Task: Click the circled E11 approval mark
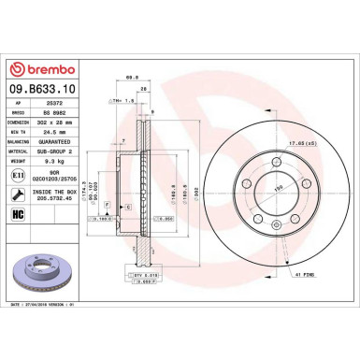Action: click(x=19, y=173)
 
